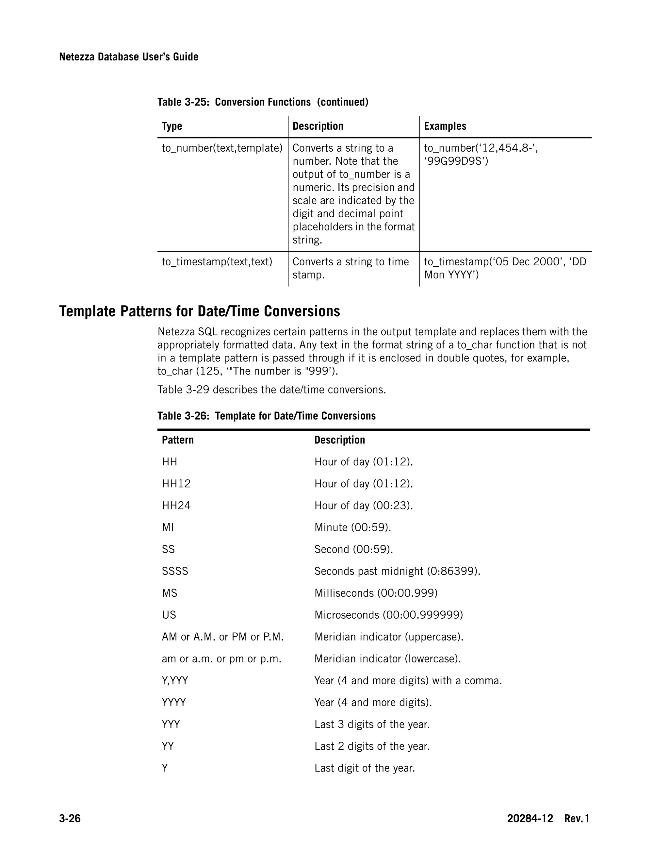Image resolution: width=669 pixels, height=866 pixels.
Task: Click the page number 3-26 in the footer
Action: (x=70, y=818)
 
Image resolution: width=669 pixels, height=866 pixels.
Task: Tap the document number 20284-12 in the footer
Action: (x=530, y=818)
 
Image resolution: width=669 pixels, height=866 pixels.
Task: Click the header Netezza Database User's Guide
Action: (x=128, y=57)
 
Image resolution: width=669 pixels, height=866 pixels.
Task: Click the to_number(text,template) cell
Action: (x=222, y=148)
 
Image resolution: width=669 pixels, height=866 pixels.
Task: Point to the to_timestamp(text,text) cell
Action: (x=217, y=262)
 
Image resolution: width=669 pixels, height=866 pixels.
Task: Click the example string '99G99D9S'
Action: (x=456, y=161)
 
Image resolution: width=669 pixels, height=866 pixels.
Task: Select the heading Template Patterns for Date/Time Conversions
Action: (x=199, y=311)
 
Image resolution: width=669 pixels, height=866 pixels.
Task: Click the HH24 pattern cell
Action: (x=176, y=506)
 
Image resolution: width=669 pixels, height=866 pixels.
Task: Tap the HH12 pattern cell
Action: (x=176, y=484)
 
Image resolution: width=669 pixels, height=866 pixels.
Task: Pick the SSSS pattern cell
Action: (x=175, y=571)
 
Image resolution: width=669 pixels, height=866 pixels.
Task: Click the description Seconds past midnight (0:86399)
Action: (x=397, y=571)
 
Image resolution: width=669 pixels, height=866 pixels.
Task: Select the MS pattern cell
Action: (x=169, y=593)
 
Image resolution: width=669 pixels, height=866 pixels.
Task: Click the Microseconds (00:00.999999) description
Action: (x=388, y=615)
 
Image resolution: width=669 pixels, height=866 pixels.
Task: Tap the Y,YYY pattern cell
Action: (x=175, y=680)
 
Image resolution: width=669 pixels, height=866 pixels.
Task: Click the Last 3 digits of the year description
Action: (x=372, y=724)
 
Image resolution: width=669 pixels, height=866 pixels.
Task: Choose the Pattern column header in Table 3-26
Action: (x=178, y=440)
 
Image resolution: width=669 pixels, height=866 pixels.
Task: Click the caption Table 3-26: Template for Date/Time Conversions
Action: (x=266, y=416)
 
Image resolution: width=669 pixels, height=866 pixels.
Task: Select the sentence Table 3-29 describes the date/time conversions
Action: (x=271, y=390)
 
